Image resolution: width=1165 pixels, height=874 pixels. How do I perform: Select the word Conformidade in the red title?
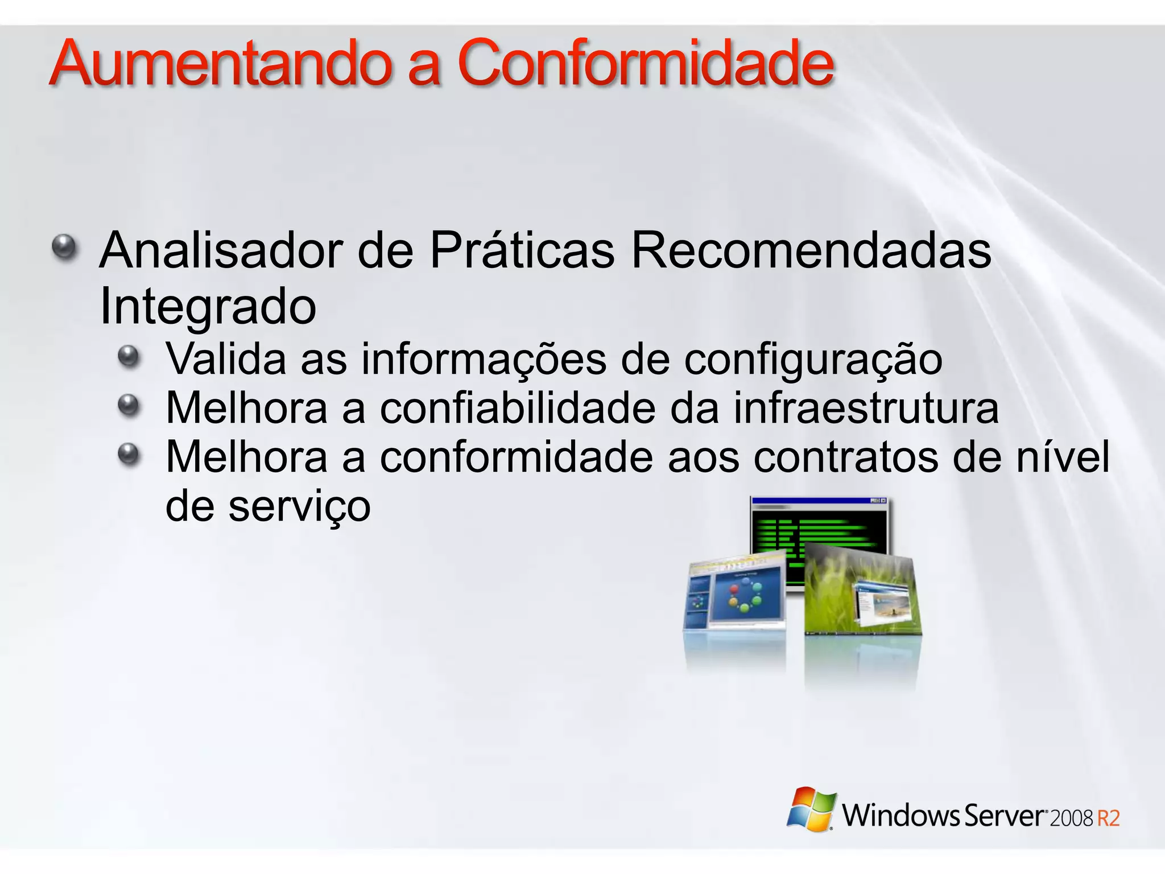(x=646, y=64)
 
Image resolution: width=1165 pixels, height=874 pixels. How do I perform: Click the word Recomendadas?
(x=811, y=250)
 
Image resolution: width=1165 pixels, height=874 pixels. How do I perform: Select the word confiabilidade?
(x=517, y=409)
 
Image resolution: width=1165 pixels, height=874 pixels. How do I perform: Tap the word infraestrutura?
(x=866, y=409)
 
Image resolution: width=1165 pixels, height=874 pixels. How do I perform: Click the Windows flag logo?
(x=811, y=810)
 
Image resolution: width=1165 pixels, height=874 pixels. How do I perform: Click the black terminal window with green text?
(x=819, y=526)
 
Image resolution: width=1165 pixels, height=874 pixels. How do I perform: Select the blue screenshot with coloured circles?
(x=737, y=595)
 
